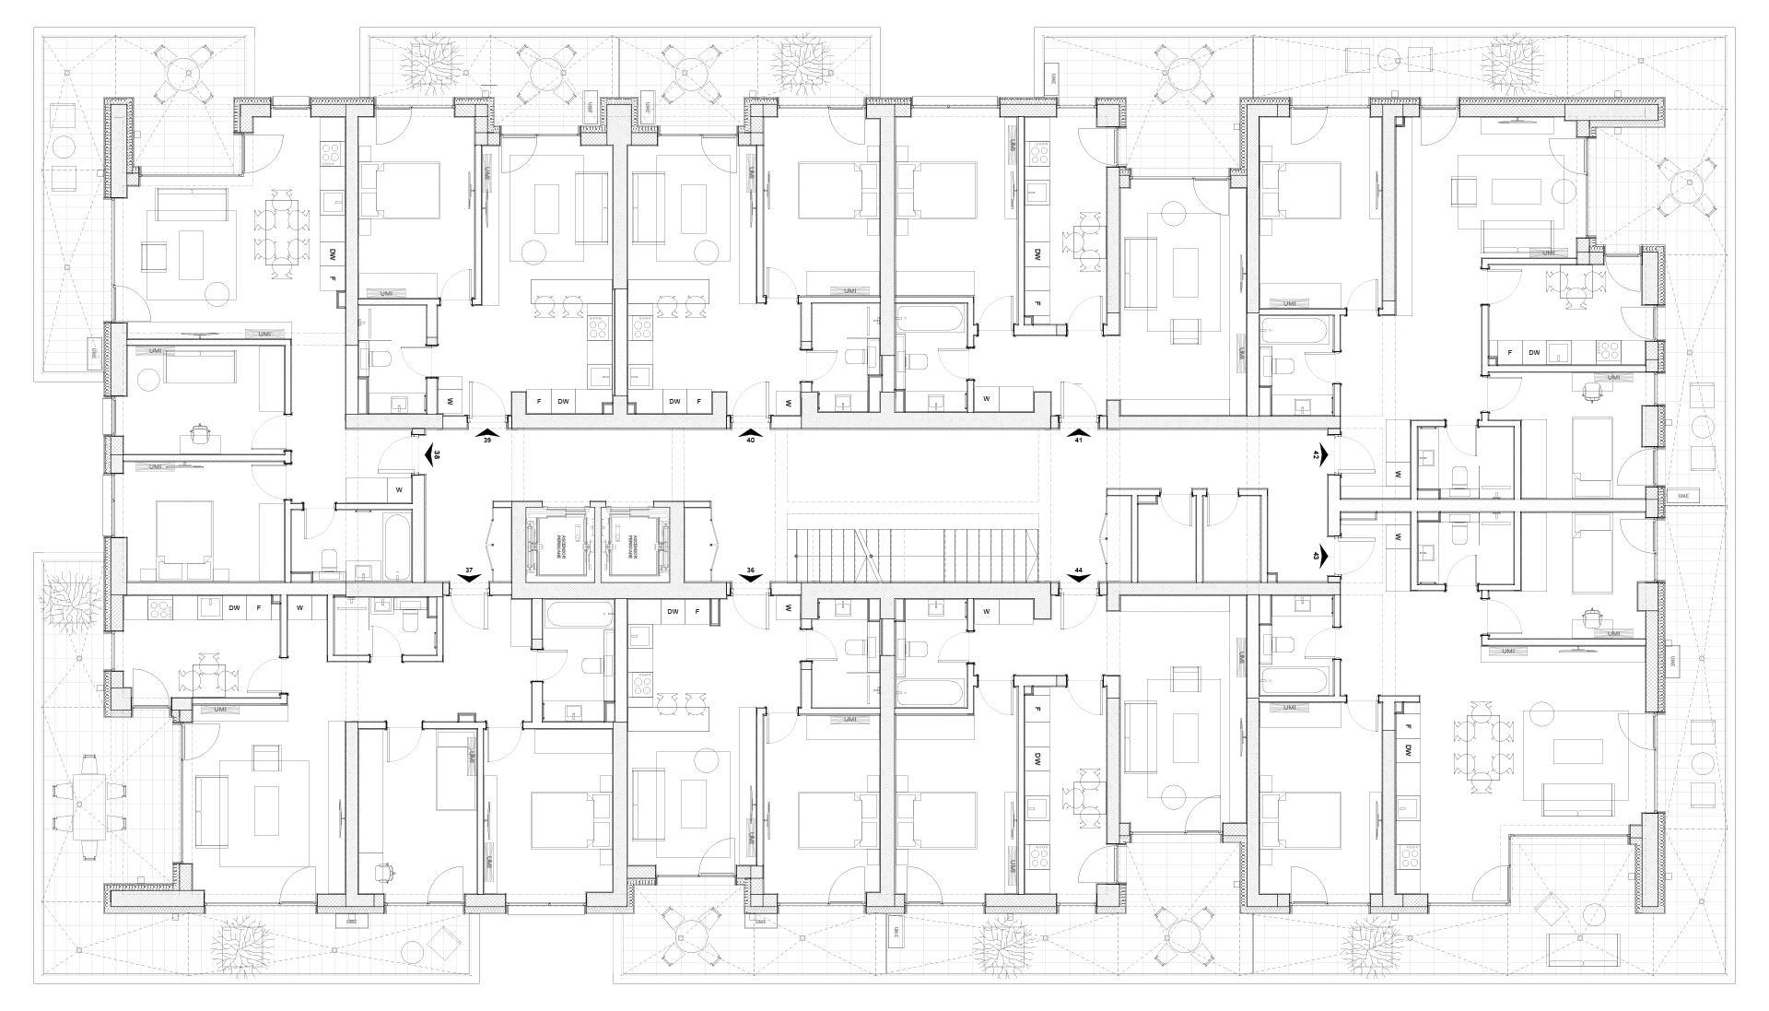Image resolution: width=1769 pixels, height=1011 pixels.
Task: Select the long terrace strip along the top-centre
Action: coord(622,65)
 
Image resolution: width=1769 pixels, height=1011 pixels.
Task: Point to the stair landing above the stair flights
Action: coord(912,465)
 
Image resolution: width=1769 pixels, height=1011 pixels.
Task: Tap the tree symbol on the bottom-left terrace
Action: coord(241,945)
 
